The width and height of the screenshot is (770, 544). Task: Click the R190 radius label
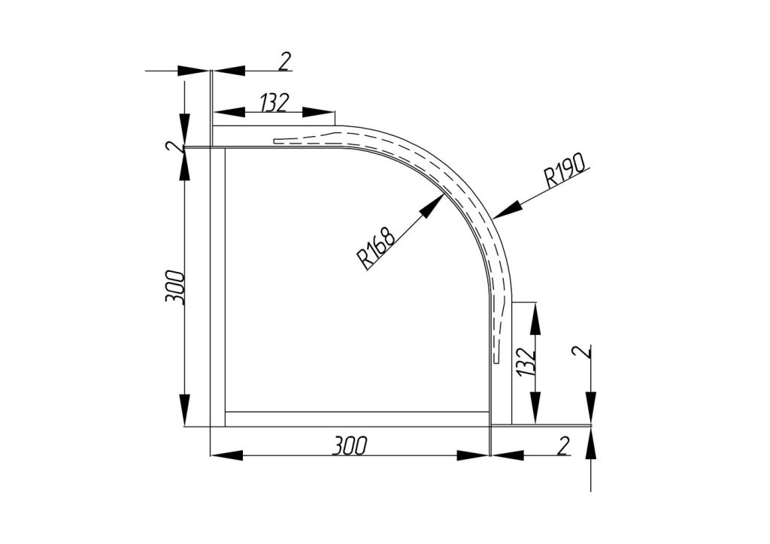pos(565,171)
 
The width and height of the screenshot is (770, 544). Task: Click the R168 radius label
pos(377,248)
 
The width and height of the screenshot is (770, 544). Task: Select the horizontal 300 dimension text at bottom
pos(349,446)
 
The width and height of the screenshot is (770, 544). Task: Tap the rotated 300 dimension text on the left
pos(175,287)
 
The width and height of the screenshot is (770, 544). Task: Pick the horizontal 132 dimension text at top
pos(274,102)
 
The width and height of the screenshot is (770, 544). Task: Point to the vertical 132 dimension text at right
pos(525,361)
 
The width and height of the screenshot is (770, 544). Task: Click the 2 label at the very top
pos(285,62)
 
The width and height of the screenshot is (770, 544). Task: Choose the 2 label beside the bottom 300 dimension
pos(563,446)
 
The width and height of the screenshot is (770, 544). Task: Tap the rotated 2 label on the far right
pos(581,352)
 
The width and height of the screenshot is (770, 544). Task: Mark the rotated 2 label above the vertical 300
pos(173,147)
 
